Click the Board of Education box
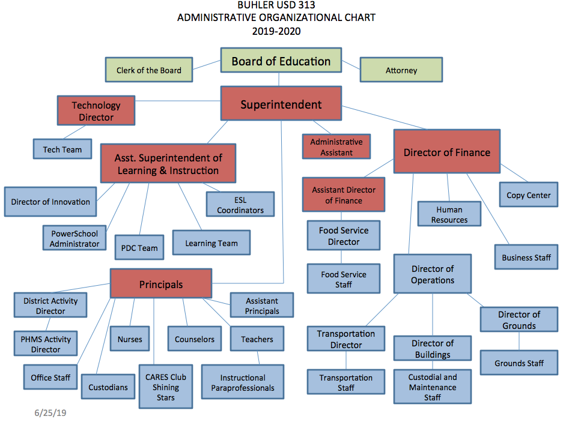click(281, 62)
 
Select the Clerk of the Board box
click(150, 70)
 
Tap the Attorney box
click(401, 70)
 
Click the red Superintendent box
click(281, 104)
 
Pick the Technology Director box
click(96, 111)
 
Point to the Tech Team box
click(62, 149)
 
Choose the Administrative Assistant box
click(336, 147)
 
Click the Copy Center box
click(529, 195)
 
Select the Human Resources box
click(449, 214)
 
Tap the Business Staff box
click(526, 258)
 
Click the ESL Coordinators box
click(240, 205)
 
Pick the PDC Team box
click(139, 247)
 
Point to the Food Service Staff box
click(344, 279)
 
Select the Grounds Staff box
click(519, 363)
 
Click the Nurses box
click(130, 339)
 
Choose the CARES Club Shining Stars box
click(166, 387)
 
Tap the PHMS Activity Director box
click(46, 344)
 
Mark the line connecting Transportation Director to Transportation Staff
click(346, 360)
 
